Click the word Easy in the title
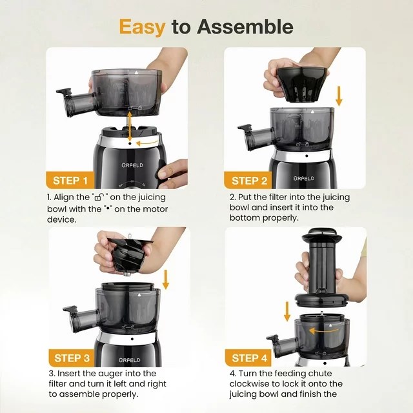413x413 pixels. (143, 26)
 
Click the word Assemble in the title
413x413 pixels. (245, 26)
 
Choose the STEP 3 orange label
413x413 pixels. (76, 358)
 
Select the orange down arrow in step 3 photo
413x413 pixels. (166, 279)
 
